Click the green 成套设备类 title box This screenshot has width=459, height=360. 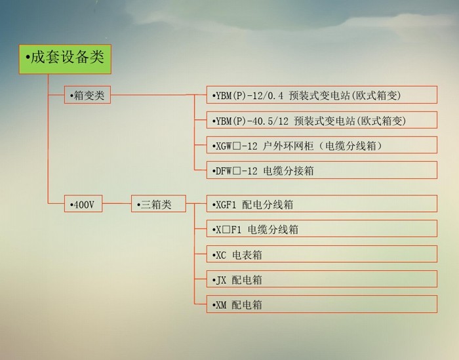point(65,59)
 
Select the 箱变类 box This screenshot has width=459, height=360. point(87,95)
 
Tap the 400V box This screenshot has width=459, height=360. point(83,203)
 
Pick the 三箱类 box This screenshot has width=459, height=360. point(159,203)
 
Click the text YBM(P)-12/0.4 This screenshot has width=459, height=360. point(249,96)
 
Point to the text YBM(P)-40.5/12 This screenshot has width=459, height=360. point(252,121)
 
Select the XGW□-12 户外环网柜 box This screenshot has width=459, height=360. point(322,145)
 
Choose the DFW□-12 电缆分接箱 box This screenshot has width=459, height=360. point(322,170)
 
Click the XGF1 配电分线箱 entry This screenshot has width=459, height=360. point(322,203)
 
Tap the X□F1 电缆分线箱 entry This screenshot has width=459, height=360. point(322,229)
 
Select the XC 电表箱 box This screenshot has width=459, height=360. point(322,254)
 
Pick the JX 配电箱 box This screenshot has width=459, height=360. point(322,279)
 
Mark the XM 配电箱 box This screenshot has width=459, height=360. point(322,304)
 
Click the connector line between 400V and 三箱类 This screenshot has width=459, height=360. point(117,203)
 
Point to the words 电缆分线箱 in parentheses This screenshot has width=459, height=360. point(351,146)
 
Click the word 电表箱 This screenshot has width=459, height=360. point(247,255)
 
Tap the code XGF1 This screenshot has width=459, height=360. point(226,205)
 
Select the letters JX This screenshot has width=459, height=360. point(221,281)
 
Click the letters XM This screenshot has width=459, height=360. point(221,306)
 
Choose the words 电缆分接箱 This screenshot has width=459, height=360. point(289,170)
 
